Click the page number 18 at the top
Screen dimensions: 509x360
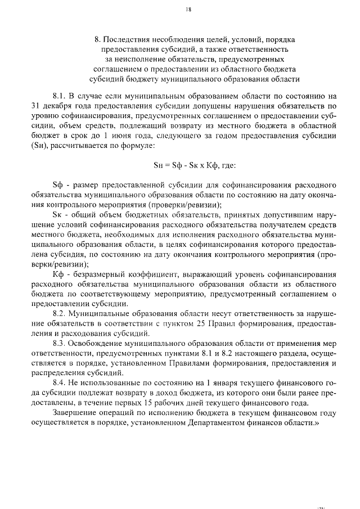click(188, 9)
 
